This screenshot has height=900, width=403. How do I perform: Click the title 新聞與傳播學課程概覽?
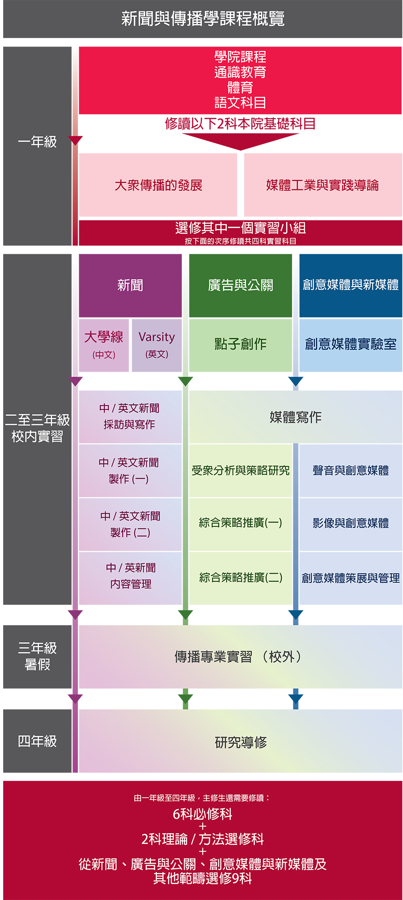[x=203, y=19]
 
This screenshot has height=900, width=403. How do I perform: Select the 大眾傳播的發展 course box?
[x=158, y=185]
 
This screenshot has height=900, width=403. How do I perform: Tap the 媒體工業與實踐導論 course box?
[x=323, y=185]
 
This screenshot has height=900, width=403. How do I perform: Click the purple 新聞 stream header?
[x=130, y=286]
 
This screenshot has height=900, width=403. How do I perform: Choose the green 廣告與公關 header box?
[x=240, y=286]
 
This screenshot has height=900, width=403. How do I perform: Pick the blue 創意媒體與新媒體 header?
[x=351, y=286]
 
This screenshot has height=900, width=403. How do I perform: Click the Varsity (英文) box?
[x=157, y=345]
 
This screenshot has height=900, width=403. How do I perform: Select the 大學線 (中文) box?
[x=104, y=345]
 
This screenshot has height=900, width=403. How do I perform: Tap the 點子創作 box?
[x=240, y=345]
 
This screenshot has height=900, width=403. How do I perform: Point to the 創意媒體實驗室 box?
[x=351, y=345]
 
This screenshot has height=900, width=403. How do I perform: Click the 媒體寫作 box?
[x=296, y=417]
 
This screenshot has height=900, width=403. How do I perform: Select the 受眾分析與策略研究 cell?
[x=240, y=471]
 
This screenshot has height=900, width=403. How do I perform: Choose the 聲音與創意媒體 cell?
[x=351, y=471]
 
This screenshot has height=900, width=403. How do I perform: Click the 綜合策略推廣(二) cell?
[x=240, y=578]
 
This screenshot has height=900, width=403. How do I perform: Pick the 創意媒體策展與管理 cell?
[x=351, y=578]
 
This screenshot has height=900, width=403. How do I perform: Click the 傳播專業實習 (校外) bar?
[x=240, y=657]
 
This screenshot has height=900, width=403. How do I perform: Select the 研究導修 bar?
[x=240, y=741]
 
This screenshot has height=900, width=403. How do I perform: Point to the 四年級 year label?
[x=37, y=741]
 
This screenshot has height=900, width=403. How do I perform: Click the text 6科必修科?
[x=202, y=814]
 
